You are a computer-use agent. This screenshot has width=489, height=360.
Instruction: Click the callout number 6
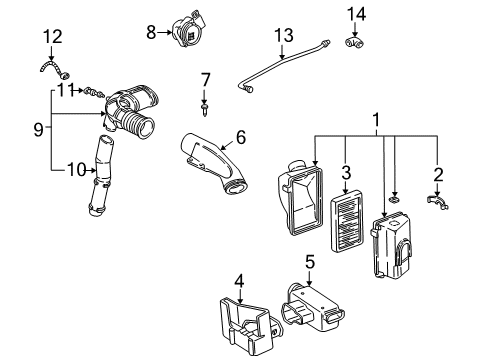(x=240, y=138)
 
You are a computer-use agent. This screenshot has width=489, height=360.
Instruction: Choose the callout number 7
(x=204, y=79)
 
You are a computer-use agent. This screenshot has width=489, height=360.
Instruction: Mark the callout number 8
(x=151, y=32)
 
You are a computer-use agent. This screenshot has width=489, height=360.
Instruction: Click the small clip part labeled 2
(x=437, y=205)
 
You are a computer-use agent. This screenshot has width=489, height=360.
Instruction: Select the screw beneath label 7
(x=204, y=101)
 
